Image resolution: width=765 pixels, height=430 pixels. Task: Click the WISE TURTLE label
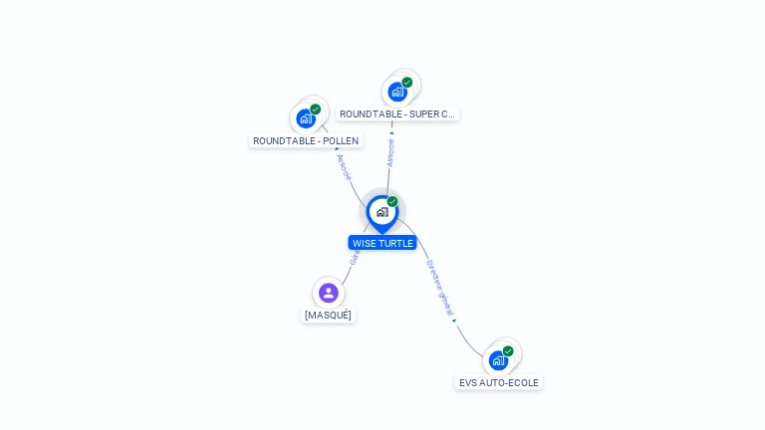382,243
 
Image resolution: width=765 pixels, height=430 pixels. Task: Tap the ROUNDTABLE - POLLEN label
306,140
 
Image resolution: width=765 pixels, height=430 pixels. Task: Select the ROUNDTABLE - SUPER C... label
396,113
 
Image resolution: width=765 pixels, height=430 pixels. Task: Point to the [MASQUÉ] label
328,315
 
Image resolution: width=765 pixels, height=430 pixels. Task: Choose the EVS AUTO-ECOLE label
498,382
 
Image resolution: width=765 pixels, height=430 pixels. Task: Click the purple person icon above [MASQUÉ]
329,293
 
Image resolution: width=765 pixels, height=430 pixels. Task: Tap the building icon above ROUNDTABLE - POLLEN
306,118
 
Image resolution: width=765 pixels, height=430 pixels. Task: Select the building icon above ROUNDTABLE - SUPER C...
397,92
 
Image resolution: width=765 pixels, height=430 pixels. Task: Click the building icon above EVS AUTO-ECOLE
498,360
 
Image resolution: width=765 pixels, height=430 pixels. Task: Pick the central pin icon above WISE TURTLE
382,212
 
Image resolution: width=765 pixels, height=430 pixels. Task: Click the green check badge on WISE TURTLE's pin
392,202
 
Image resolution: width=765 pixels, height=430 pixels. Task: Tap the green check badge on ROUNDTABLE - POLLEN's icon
315,109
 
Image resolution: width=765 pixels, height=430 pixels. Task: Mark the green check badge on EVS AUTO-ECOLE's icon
508,351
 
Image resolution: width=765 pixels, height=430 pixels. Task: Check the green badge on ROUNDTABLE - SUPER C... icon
406,83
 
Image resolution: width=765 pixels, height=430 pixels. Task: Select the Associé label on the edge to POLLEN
345,166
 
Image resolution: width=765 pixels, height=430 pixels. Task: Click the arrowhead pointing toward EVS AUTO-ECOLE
454,320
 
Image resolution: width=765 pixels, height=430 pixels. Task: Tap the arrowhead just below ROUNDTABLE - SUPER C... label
391,131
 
